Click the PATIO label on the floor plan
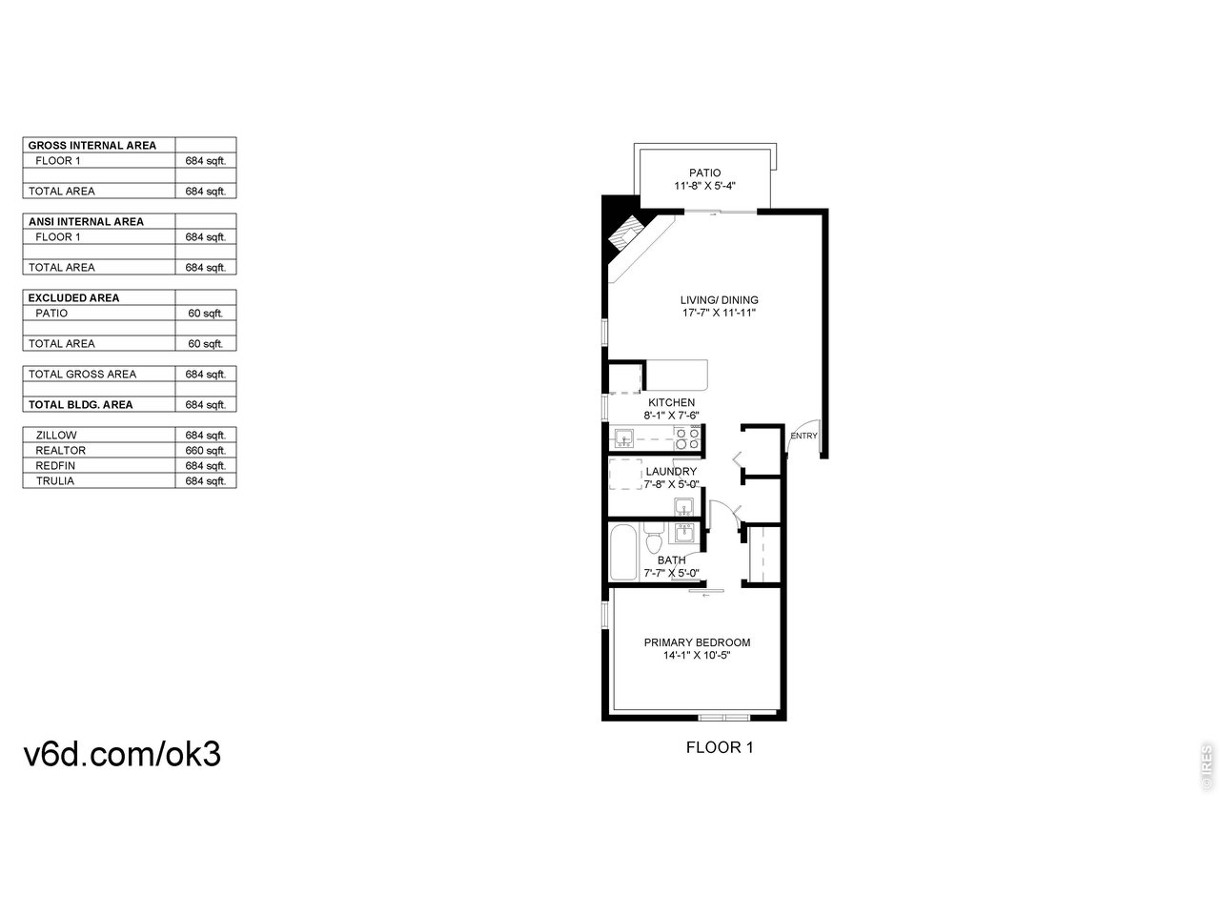coord(705,173)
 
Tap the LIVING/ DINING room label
coord(720,300)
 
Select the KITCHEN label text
coord(671,402)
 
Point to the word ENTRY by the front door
coord(803,436)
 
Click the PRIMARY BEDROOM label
coord(697,642)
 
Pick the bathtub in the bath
coord(623,552)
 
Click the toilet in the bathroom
coord(653,540)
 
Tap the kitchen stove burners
coord(687,438)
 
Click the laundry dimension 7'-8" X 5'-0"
coord(671,484)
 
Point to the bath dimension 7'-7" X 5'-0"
coord(671,573)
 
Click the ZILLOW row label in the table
coord(56,435)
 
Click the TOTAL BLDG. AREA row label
coord(80,404)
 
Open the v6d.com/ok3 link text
coord(122,754)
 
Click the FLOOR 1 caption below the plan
coord(720,747)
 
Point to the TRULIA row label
coord(54,480)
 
